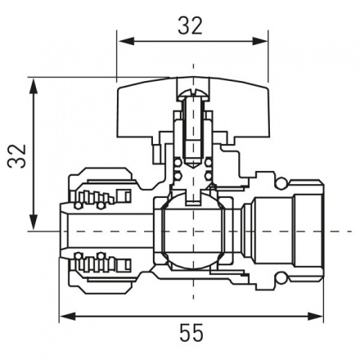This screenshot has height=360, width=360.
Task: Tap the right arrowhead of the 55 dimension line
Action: click(x=317, y=316)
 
